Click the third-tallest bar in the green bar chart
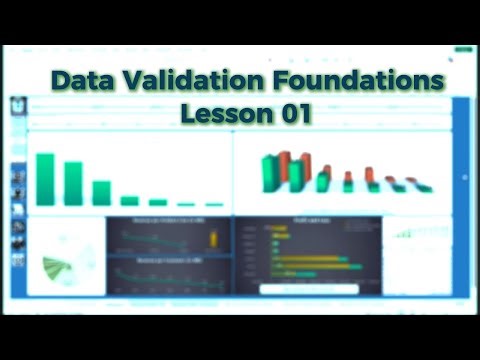click(x=101, y=192)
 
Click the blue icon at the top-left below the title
click(x=18, y=104)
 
